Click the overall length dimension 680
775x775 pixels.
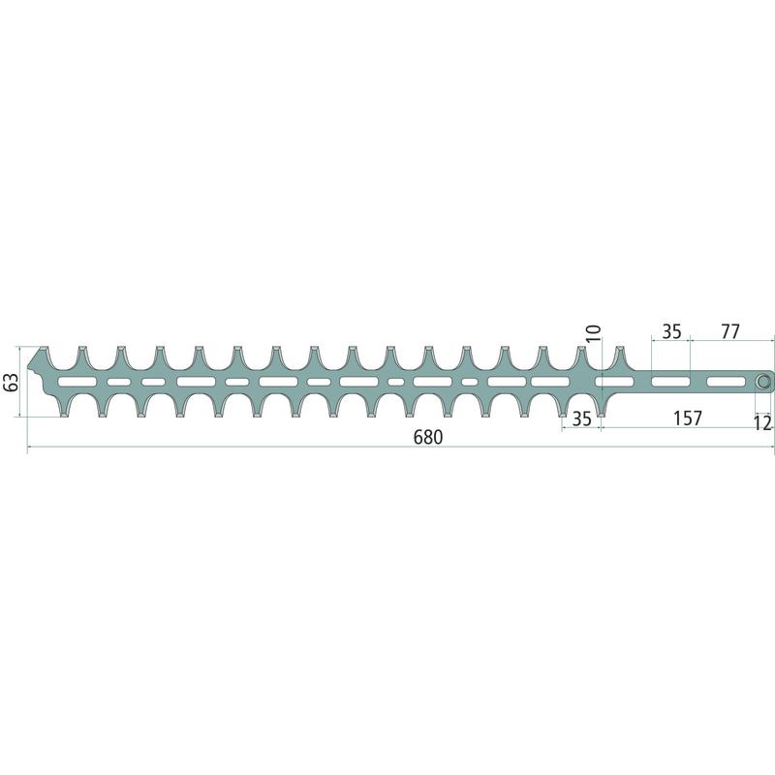point(428,437)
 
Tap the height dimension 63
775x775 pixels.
point(11,381)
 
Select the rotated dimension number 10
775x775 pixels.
point(594,333)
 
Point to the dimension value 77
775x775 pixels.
point(730,331)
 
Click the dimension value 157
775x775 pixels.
point(688,418)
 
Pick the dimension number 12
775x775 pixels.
point(763,423)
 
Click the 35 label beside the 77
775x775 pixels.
point(671,331)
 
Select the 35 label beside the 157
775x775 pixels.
point(582,418)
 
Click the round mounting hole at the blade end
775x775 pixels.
point(762,382)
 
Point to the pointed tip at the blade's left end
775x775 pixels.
point(27,366)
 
